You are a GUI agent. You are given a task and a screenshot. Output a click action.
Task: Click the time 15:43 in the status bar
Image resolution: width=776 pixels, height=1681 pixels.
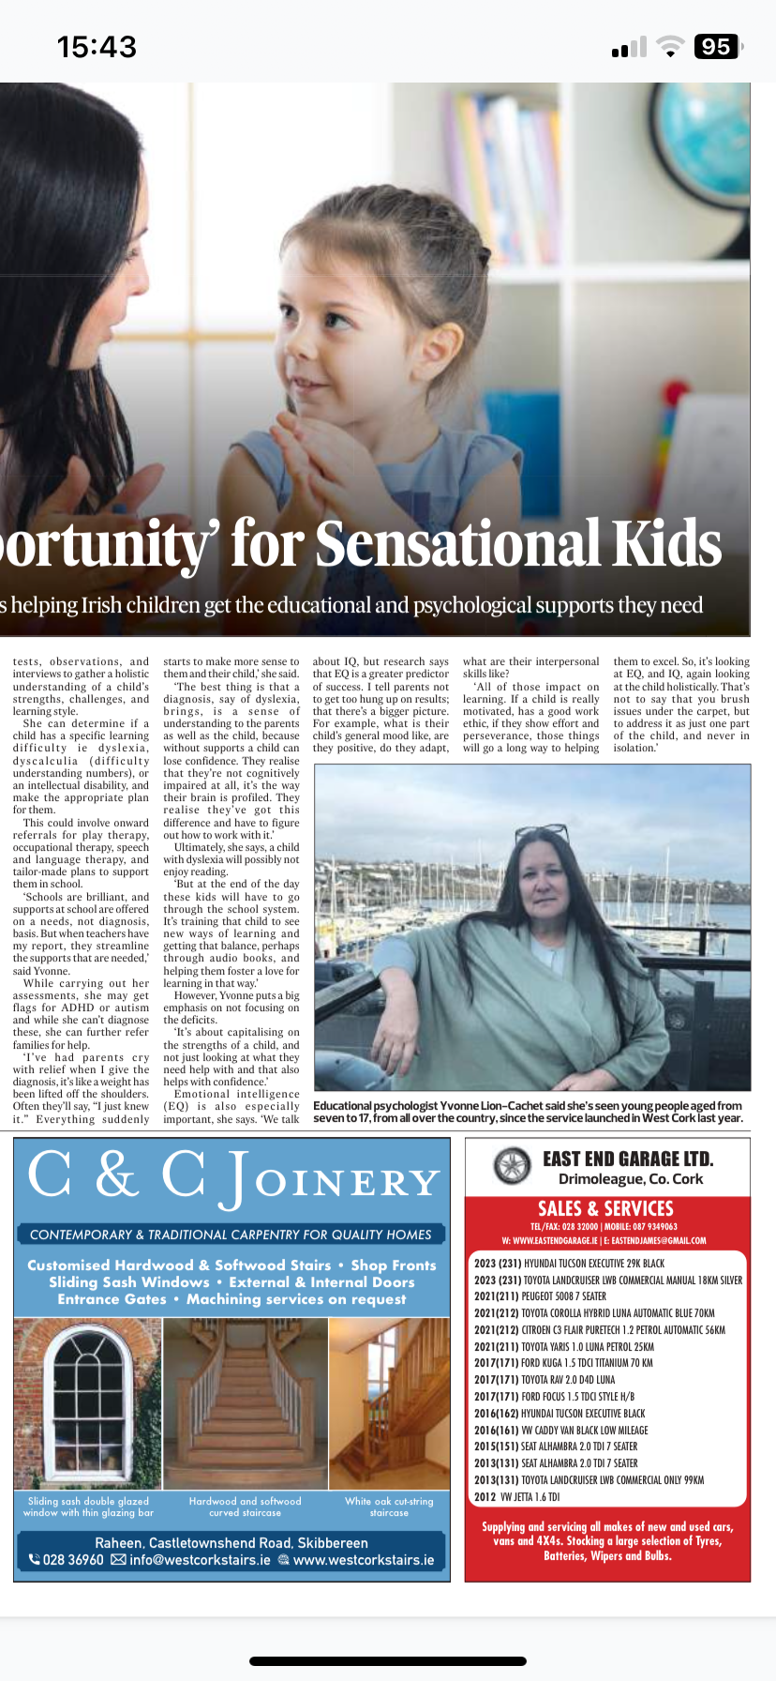coord(97,47)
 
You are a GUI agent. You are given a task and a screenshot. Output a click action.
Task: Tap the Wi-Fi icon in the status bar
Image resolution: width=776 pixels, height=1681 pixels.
coord(670,47)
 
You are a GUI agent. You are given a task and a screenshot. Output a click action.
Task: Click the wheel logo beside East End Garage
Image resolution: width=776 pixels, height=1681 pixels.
coord(513,1166)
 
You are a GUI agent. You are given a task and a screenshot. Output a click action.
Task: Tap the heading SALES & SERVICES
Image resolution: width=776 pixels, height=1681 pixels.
coord(605,1208)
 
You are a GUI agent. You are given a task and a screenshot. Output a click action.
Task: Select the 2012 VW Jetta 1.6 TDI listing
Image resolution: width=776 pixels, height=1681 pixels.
coord(516,1496)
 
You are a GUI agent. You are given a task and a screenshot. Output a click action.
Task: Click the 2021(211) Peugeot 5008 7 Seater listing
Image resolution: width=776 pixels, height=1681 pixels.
coord(540,1296)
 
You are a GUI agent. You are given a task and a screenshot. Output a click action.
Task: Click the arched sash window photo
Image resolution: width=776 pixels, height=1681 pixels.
coord(88,1403)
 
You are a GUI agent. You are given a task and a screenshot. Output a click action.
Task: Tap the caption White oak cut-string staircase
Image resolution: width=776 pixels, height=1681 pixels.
coord(389,1507)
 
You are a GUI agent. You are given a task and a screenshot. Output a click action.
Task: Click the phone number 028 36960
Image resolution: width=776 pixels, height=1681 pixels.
coord(67,1560)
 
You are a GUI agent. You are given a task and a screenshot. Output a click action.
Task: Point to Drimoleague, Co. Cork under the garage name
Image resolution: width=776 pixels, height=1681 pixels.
coord(630,1179)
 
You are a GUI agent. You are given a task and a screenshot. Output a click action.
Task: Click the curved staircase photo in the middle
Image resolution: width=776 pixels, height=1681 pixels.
coord(246,1403)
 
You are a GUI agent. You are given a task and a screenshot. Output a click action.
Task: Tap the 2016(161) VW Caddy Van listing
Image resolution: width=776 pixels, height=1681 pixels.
coord(560,1430)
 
